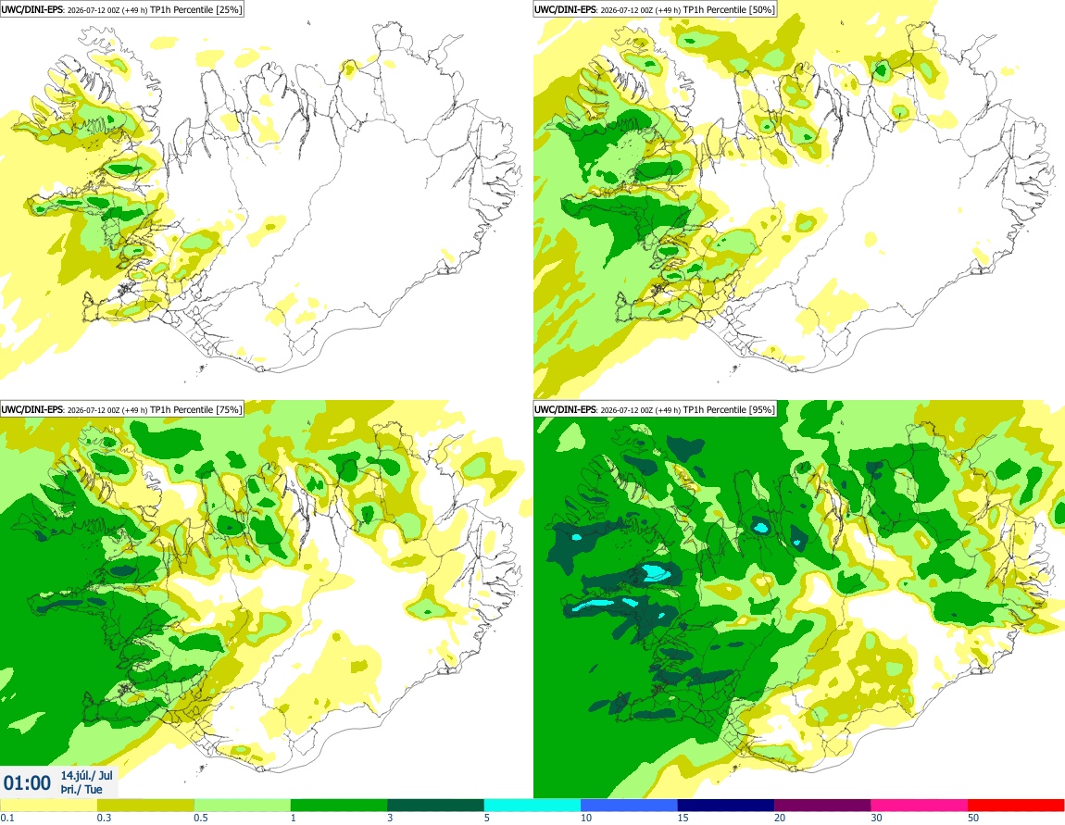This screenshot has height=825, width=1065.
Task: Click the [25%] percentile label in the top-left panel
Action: coord(229,9)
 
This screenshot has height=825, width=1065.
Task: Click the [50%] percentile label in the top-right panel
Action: coord(762,9)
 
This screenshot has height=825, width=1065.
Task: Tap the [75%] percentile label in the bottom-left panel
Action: coord(229,409)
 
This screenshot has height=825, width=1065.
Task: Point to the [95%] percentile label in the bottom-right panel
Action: coord(762,409)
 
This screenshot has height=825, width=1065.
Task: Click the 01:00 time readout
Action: coord(27,783)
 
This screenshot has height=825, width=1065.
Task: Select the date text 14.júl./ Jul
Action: coord(86,775)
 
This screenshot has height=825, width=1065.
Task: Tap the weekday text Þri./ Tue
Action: coord(81,789)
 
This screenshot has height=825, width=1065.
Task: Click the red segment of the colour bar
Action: coord(1016,806)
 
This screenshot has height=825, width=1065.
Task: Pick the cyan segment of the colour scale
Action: coord(532,806)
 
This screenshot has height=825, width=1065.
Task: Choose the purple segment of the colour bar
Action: coord(822,806)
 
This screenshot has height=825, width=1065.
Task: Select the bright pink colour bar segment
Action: coord(919,806)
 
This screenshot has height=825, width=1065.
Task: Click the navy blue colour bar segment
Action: coord(726,806)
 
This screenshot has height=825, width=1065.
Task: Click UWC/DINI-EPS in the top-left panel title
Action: coord(32,9)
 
